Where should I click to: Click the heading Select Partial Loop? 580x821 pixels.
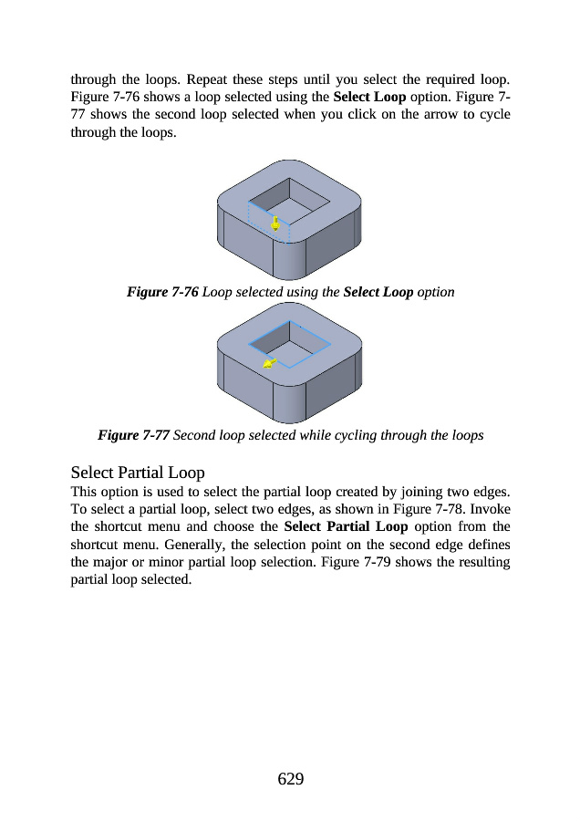pyautogui.click(x=138, y=473)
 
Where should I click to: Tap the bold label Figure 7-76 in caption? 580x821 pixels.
pyautogui.click(x=162, y=293)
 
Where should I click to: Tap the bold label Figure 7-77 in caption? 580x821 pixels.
pyautogui.click(x=133, y=435)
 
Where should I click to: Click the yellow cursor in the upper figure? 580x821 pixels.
pyautogui.click(x=275, y=223)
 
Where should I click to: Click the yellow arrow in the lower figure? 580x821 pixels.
pyautogui.click(x=270, y=364)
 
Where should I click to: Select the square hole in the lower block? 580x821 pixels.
pyautogui.click(x=290, y=346)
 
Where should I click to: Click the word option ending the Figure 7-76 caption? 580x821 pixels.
pyautogui.click(x=435, y=293)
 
